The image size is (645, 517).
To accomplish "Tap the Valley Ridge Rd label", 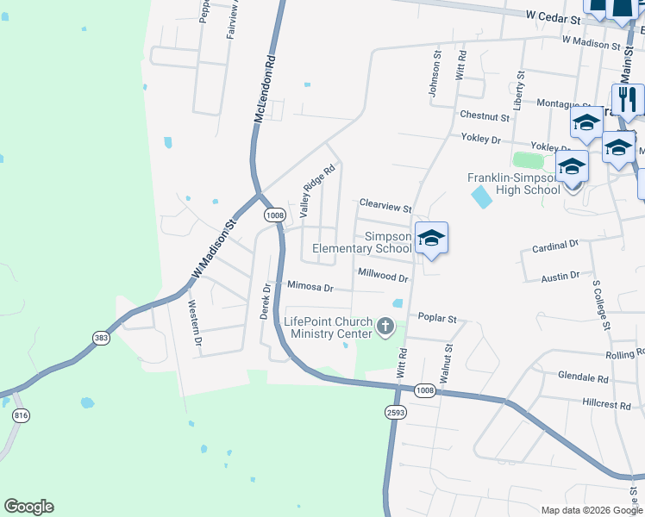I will point(316,191).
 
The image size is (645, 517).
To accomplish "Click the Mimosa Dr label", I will point(310,286).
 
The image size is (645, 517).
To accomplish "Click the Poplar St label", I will point(436,318).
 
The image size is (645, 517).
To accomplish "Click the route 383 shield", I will point(101,339).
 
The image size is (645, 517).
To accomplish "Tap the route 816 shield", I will point(21,415).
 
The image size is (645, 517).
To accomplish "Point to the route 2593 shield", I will point(396,413).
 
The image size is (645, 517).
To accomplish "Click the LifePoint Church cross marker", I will point(385,327).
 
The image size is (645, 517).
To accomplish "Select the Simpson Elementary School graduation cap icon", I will point(431,239).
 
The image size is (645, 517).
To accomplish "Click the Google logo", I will point(28,507).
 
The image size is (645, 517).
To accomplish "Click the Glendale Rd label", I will point(583,377).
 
